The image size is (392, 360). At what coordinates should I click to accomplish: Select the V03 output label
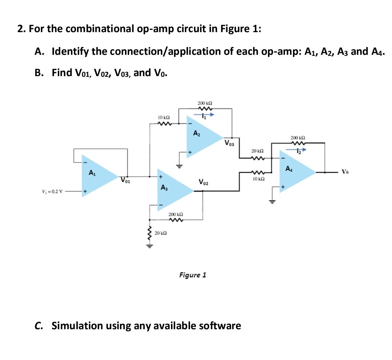click(x=230, y=142)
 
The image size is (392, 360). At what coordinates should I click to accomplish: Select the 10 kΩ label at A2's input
click(x=164, y=117)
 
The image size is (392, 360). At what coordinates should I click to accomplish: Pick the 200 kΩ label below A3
click(x=176, y=215)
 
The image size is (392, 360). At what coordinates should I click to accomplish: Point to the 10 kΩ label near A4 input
click(x=258, y=178)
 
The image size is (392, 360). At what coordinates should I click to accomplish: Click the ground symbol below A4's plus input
click(x=274, y=202)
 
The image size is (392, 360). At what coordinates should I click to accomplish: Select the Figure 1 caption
click(x=192, y=275)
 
